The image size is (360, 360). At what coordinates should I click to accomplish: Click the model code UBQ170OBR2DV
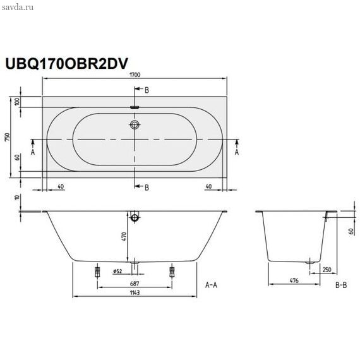(x=66, y=63)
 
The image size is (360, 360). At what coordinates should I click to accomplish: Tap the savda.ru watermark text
(x=18, y=8)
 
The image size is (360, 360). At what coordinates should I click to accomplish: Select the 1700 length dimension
(x=135, y=75)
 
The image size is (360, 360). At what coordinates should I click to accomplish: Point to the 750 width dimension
(x=8, y=137)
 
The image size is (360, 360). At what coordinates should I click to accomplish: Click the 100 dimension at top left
(x=18, y=102)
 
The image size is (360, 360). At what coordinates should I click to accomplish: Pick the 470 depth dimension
(x=124, y=236)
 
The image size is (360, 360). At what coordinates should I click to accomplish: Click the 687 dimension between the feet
(x=135, y=284)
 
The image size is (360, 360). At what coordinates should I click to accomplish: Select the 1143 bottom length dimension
(x=135, y=292)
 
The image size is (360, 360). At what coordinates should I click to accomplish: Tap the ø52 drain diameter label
(x=117, y=272)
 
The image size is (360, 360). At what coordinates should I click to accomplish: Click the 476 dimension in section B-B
(x=294, y=280)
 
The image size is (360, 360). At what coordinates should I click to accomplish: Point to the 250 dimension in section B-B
(x=327, y=270)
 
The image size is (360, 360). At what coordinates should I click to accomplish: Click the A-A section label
(x=211, y=285)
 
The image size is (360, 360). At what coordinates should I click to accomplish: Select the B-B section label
(x=341, y=285)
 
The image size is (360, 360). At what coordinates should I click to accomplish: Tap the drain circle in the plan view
(x=135, y=125)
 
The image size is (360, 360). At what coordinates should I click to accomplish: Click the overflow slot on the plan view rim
(x=135, y=107)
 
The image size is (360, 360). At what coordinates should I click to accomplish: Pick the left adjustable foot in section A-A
(x=97, y=272)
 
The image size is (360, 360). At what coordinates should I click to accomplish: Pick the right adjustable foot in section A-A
(x=172, y=272)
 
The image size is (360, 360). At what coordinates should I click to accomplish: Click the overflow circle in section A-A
(x=135, y=217)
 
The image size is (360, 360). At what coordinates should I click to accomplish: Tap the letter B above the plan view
(x=147, y=90)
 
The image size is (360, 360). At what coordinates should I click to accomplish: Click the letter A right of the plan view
(x=237, y=152)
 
